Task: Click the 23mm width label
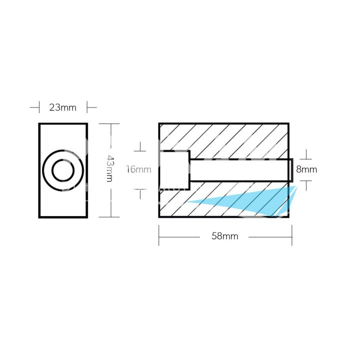(62, 107)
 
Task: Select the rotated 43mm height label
(110, 169)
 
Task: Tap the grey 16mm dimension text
(138, 169)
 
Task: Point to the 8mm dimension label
(306, 169)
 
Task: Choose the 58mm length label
(225, 236)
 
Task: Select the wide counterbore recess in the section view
(174, 170)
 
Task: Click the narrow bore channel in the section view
(240, 170)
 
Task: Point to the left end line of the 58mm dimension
(159, 235)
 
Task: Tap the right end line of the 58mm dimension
(292, 235)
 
